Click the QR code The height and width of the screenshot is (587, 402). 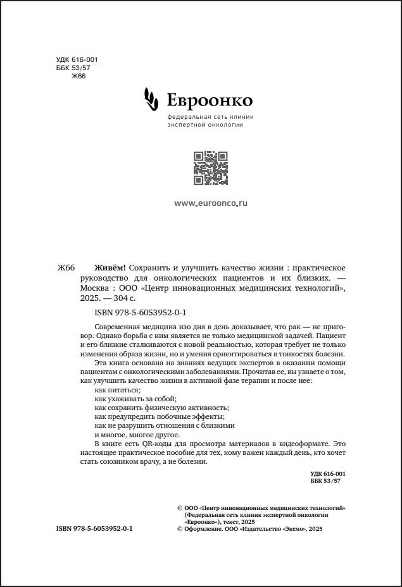click(210, 169)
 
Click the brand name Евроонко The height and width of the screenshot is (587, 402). click(210, 100)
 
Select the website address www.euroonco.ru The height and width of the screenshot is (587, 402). click(210, 203)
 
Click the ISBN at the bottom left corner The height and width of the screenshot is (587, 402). click(94, 528)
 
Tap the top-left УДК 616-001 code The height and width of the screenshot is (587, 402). click(77, 60)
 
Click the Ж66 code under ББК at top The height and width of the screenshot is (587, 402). click(79, 76)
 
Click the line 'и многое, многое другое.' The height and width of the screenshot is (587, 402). click(137, 435)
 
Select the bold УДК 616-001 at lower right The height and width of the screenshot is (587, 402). click(328, 473)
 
